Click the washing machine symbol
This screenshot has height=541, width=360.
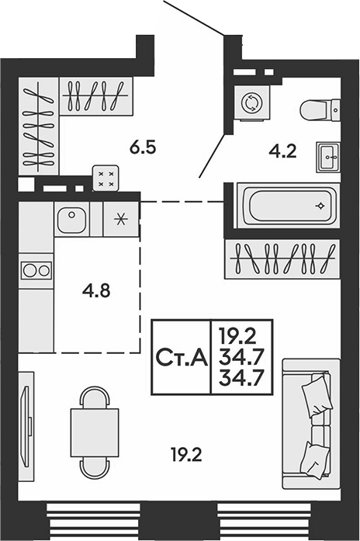[x=251, y=102]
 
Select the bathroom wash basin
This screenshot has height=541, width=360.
[x=328, y=158]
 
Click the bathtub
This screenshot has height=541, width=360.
[x=289, y=206]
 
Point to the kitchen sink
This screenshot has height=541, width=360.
[x=71, y=219]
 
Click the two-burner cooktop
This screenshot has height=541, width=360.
[x=36, y=270]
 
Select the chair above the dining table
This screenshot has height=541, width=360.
[x=95, y=397]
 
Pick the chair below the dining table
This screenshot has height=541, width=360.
[x=95, y=467]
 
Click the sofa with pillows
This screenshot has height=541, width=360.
[x=311, y=424]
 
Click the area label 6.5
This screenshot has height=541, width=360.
[x=143, y=147]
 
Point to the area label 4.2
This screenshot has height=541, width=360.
[x=282, y=151]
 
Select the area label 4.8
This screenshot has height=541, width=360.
[x=96, y=291]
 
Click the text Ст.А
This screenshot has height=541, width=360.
[x=182, y=357]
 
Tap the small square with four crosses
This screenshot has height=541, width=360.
[x=106, y=179]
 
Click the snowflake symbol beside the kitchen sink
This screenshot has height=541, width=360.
[x=121, y=220]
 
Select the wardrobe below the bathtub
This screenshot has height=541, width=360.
[x=282, y=259]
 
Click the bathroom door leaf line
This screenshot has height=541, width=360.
[x=212, y=155]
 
